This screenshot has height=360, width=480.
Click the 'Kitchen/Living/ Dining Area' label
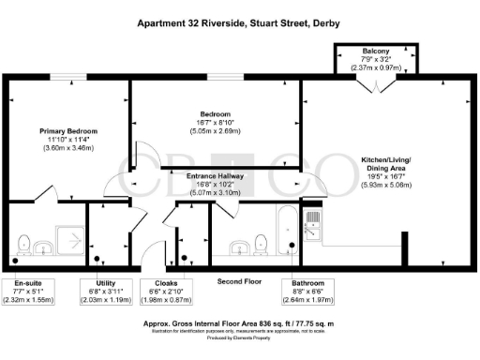[x=391, y=167]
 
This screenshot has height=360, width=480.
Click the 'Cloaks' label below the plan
[x=153, y=282]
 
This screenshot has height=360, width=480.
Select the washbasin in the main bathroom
[x=238, y=248]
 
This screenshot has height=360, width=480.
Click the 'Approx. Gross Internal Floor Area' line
[x=240, y=321]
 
